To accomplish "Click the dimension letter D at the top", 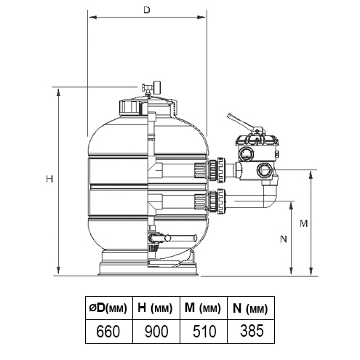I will point(146,11).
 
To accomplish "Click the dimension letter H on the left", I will point(48,179).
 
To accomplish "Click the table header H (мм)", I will point(154,307).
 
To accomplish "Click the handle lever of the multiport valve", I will point(242,124).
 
